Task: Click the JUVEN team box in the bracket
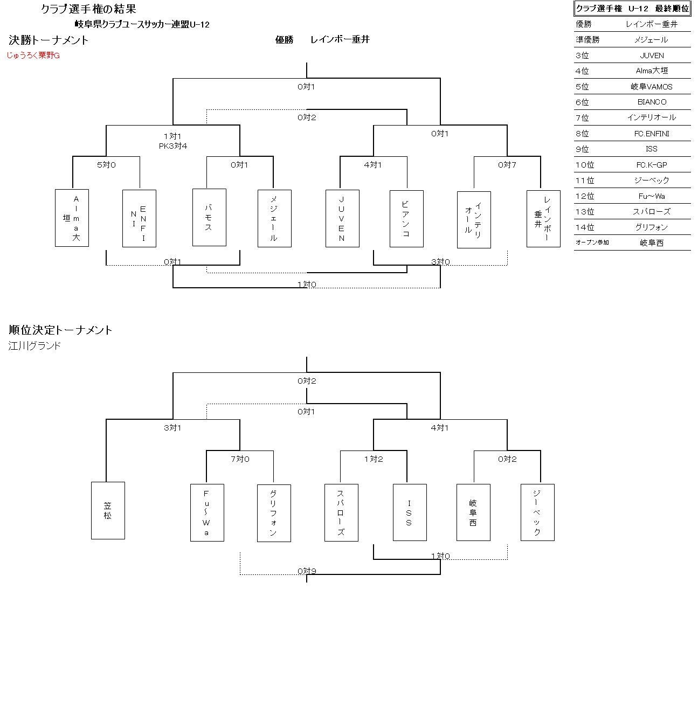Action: pos(342,218)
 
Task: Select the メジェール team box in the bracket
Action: pos(274,218)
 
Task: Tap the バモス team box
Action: pos(209,217)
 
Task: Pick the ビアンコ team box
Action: pos(406,218)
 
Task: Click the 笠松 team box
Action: pos(108,510)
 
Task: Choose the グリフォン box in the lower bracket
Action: pos(274,513)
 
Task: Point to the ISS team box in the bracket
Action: pos(410,512)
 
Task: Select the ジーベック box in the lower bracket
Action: pos(537,512)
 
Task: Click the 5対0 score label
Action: pos(106,165)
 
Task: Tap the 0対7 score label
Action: pos(507,165)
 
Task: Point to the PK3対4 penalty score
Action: pos(172,146)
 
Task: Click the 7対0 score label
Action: pos(240,459)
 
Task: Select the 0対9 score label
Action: pos(307,571)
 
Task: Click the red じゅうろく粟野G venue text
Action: pos(33,56)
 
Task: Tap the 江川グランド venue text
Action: pos(35,346)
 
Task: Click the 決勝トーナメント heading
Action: pos(49,40)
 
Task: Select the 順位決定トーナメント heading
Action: pos(60,330)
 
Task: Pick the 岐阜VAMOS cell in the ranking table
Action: pos(652,87)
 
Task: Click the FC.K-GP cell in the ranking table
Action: pos(652,165)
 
